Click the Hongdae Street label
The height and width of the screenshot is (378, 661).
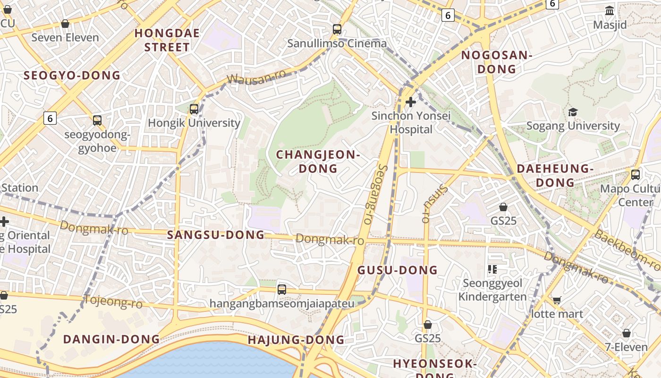167,40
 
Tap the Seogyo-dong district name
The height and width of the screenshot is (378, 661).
72,76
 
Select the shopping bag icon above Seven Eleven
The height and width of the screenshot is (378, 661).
65,24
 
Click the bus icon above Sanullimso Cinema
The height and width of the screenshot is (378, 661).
337,29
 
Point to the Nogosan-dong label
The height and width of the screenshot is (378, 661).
497,62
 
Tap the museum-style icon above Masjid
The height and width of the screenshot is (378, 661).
610,10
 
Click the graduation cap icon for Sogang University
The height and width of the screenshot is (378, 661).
573,112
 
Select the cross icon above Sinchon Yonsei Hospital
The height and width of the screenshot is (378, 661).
411,102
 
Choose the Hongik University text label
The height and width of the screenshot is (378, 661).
194,123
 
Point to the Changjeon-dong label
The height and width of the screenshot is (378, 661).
318,162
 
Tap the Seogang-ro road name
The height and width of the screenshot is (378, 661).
375,194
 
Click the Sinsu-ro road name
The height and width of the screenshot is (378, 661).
433,202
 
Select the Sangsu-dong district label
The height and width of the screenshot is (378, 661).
216,235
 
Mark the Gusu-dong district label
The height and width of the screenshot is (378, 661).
398,270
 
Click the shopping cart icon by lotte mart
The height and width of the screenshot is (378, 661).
557,301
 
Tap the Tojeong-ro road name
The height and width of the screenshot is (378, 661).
113,301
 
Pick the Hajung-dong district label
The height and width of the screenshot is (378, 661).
296,340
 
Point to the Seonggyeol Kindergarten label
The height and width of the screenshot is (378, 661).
492,290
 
